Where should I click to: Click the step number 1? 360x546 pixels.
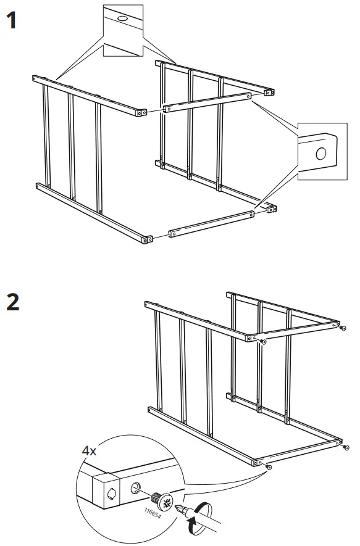click(12, 20)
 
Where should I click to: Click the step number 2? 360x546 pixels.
click(13, 302)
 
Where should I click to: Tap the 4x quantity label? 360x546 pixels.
click(89, 451)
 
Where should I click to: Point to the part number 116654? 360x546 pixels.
click(153, 513)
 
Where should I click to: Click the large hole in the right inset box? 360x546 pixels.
click(320, 153)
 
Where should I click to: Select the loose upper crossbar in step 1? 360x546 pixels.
click(207, 103)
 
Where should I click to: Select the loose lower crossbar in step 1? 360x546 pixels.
click(211, 224)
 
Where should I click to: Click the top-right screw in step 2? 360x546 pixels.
click(343, 328)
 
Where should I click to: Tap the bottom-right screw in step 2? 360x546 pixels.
click(346, 448)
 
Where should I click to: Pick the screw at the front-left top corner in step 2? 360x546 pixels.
click(264, 342)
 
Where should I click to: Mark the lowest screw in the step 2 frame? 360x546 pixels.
click(268, 466)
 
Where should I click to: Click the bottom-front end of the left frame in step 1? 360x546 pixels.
click(148, 239)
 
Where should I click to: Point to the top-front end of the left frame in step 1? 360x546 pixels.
click(142, 113)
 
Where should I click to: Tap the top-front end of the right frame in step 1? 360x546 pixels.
click(269, 93)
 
